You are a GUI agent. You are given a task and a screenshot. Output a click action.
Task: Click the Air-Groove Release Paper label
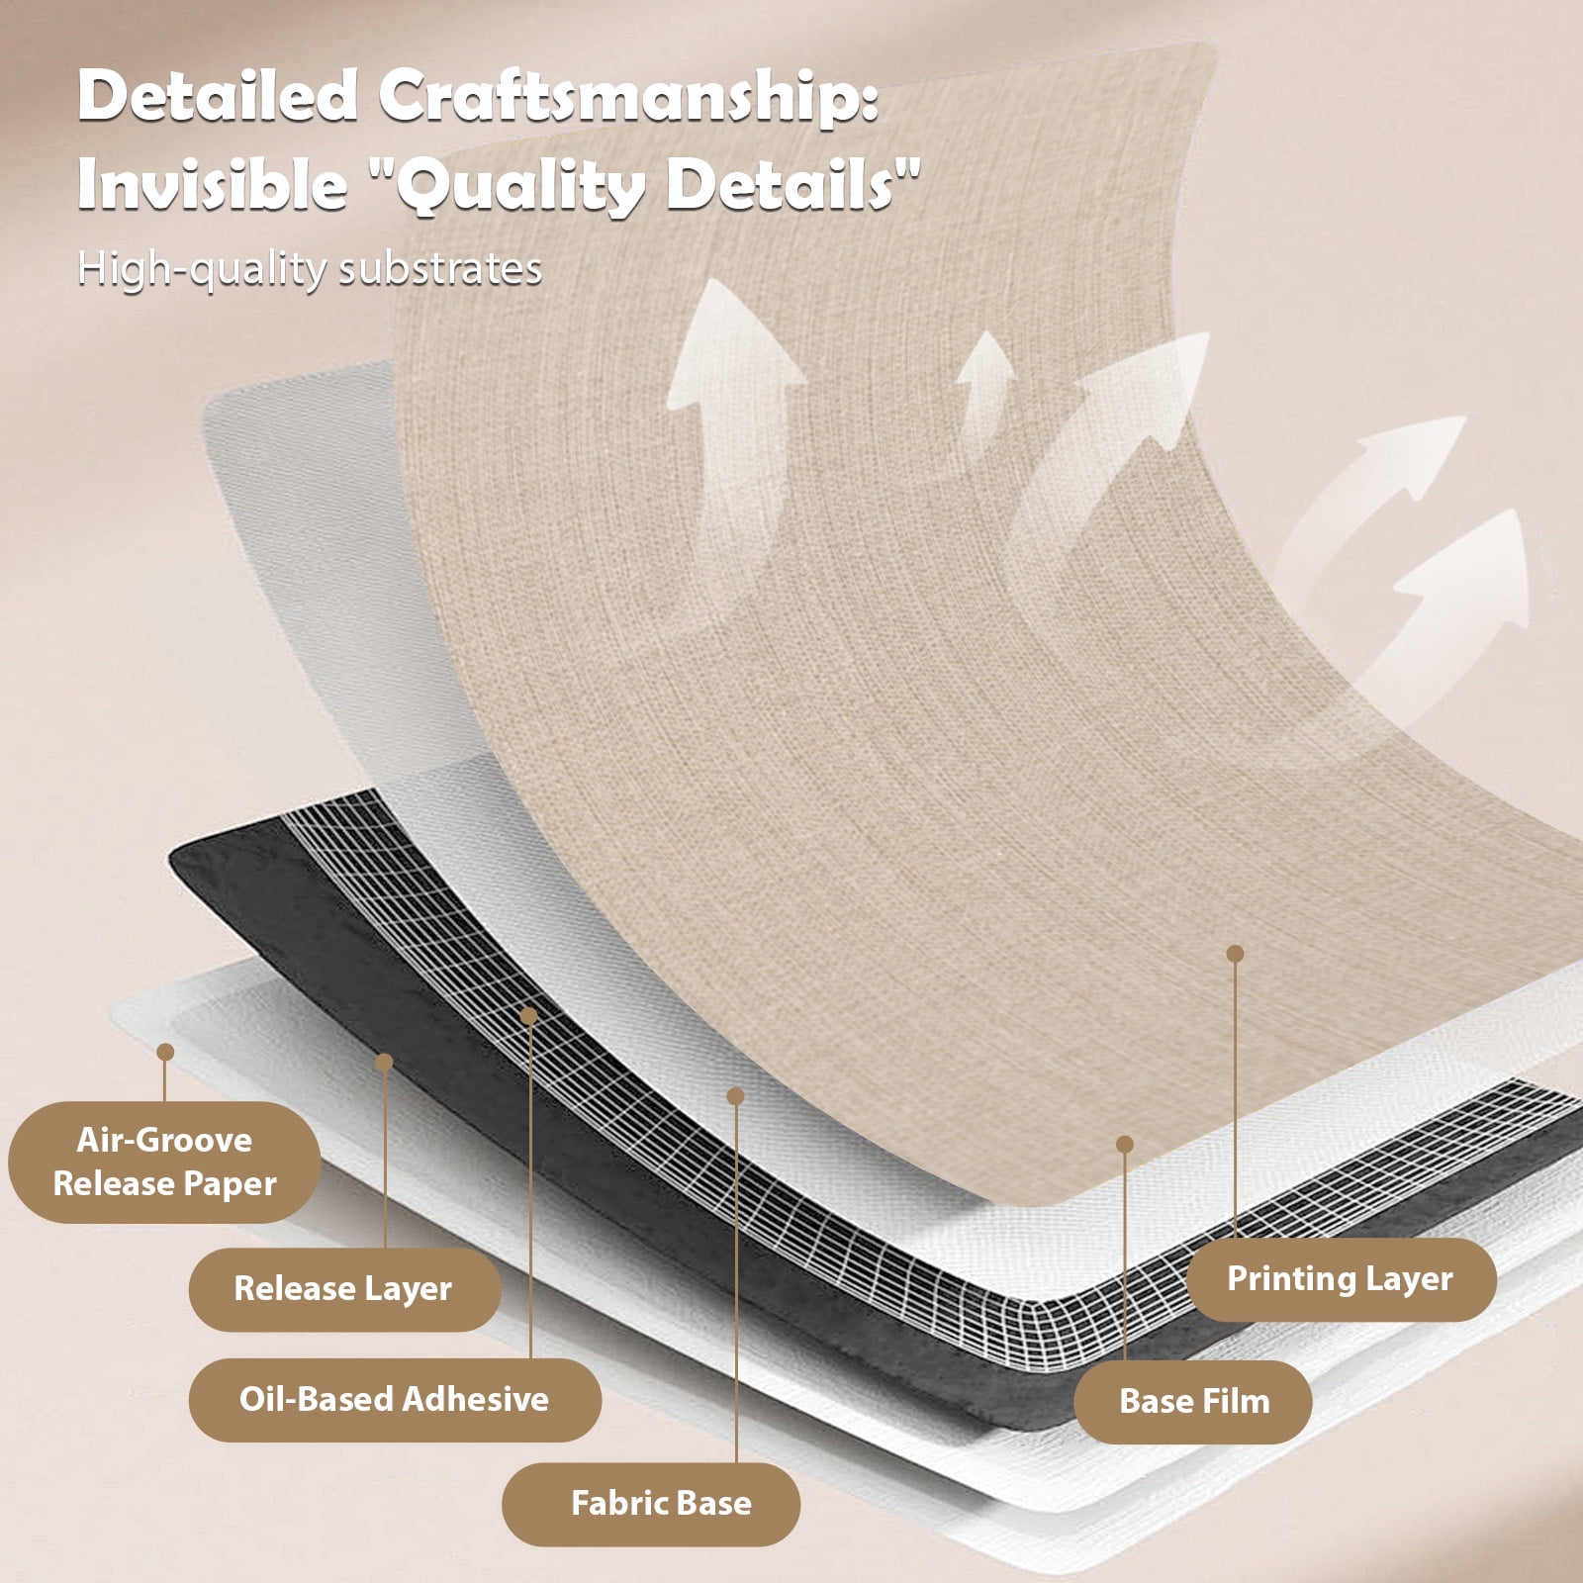coord(164,1162)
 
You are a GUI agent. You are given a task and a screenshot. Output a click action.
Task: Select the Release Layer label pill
coord(344,1289)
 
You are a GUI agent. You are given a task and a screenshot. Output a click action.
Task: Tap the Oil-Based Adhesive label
coord(395,1400)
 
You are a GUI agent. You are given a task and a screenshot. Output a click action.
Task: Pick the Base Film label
coord(1193,1402)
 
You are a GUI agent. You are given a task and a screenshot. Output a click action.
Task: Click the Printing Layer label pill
coord(1341,1279)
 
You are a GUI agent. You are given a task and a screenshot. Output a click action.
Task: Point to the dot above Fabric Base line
coord(735,1096)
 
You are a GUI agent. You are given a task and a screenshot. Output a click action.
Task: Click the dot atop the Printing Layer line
coord(1235,954)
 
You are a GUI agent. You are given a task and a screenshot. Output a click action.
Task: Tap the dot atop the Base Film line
coord(1124,1145)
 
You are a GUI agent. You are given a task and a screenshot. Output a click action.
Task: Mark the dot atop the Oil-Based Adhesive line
coord(529,1016)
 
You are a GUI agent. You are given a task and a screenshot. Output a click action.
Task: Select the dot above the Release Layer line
coord(385,1063)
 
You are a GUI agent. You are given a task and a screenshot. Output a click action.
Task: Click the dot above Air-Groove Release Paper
coord(165,1052)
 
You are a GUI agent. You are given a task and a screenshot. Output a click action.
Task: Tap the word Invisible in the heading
coord(213,184)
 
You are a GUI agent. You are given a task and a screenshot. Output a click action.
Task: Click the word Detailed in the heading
coord(219,97)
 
